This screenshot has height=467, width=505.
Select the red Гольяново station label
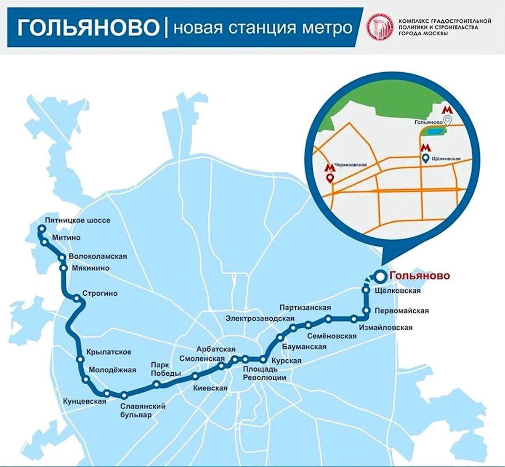[420, 276]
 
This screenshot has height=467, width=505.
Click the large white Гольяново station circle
[380, 276]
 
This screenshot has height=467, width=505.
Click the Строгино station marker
[77, 299]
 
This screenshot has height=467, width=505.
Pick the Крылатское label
[109, 352]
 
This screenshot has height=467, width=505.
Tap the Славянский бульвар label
[143, 410]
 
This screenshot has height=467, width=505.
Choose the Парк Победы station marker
[157, 384]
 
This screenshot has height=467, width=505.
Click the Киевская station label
[210, 388]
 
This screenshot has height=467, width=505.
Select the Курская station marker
[263, 359]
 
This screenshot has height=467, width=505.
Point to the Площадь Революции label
[264, 373]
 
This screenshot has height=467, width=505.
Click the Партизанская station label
[305, 308]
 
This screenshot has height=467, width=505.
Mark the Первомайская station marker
[367, 311]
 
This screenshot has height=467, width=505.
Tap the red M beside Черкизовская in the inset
[330, 167]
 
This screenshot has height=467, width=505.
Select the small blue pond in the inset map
[432, 133]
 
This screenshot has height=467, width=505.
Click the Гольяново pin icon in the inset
[448, 121]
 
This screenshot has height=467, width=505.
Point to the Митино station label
[66, 238]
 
